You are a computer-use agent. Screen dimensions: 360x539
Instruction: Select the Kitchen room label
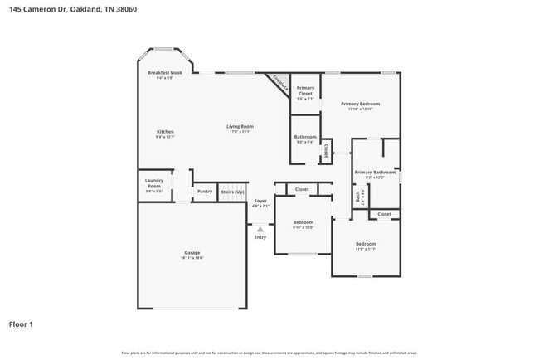click(165, 132)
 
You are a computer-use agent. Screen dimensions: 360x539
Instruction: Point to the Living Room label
click(240, 127)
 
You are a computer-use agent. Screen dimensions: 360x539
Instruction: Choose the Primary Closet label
click(305, 90)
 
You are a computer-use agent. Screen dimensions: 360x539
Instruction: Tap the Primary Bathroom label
click(370, 173)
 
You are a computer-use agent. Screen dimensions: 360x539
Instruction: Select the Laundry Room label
click(153, 183)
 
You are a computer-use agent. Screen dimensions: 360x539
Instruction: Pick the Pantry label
click(204, 192)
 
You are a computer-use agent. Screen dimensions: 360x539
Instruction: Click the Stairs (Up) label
click(232, 192)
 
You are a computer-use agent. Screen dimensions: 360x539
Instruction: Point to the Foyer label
click(260, 201)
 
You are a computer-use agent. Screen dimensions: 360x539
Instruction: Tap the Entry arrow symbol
click(260, 229)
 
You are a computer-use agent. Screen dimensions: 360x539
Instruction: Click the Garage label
click(192, 252)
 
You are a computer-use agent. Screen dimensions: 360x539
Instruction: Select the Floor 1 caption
click(21, 324)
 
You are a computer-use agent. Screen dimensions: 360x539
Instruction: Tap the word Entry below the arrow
click(260, 237)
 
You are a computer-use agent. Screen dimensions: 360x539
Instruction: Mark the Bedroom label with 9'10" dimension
click(303, 222)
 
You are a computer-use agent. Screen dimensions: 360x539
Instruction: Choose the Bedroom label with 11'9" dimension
click(366, 244)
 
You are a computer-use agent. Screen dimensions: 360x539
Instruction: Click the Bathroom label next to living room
click(304, 137)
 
